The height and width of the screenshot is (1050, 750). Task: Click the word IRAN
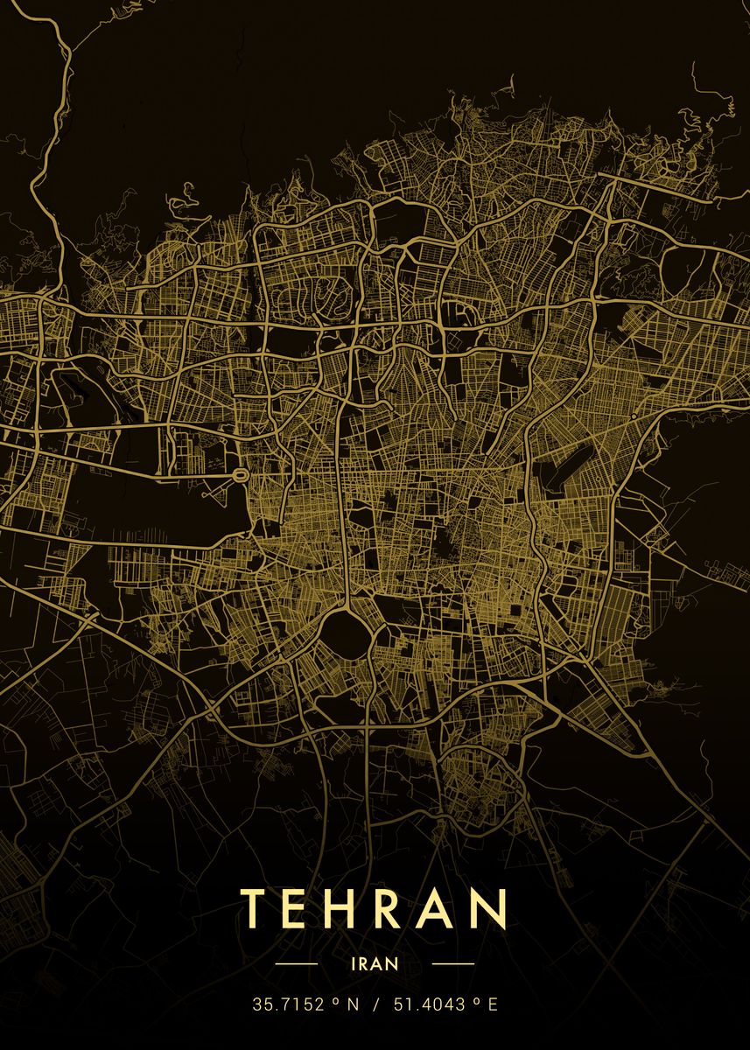[x=375, y=963]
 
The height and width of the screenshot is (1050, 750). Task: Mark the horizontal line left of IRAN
[x=296, y=963]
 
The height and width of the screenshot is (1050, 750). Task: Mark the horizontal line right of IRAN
[x=453, y=963]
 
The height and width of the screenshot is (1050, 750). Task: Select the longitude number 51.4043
[x=429, y=1004]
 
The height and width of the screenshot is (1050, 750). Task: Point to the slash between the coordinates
[x=375, y=1004]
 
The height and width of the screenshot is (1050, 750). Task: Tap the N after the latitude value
[x=353, y=1004]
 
